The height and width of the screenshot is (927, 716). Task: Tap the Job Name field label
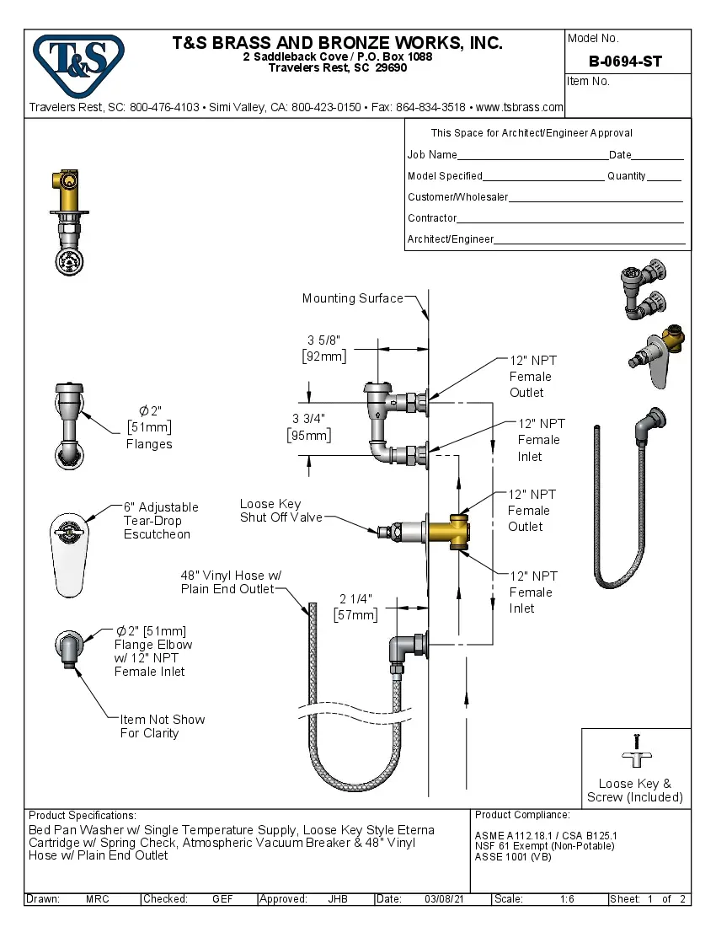[x=432, y=155]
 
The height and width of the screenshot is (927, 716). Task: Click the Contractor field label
[x=432, y=218]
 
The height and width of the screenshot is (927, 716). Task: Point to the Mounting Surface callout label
[x=352, y=298]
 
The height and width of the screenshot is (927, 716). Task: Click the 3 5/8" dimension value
[x=324, y=340]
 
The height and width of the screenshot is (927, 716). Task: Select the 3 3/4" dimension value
[x=308, y=419]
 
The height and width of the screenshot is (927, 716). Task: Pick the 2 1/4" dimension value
[x=355, y=599]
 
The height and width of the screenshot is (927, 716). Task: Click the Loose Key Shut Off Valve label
[x=281, y=511]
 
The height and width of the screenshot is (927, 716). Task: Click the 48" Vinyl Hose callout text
[x=230, y=582]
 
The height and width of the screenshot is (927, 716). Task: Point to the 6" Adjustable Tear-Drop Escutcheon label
[x=161, y=520]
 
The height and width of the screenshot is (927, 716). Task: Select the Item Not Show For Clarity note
[x=162, y=726]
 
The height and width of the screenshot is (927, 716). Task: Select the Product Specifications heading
[x=82, y=816]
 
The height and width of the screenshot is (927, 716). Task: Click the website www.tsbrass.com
[x=519, y=107]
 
